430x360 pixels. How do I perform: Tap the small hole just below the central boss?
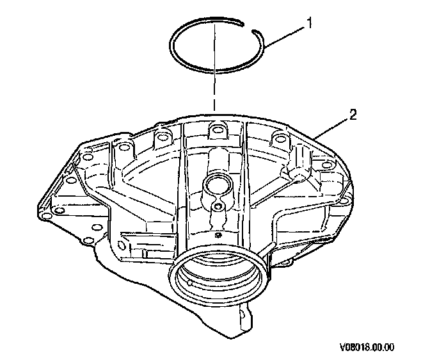pyautogui.click(x=218, y=206)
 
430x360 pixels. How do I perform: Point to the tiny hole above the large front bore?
pyautogui.click(x=218, y=236)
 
